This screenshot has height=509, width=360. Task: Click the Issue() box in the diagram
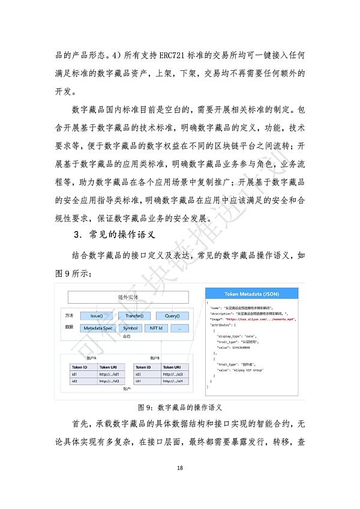coord(95,316)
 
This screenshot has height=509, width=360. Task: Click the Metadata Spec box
coord(98,328)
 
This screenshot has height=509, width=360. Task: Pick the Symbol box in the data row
coord(130,328)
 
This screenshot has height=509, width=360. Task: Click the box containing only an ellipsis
coord(179,328)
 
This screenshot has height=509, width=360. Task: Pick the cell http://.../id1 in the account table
coord(111,374)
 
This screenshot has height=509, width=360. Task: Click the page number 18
coord(180,468)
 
